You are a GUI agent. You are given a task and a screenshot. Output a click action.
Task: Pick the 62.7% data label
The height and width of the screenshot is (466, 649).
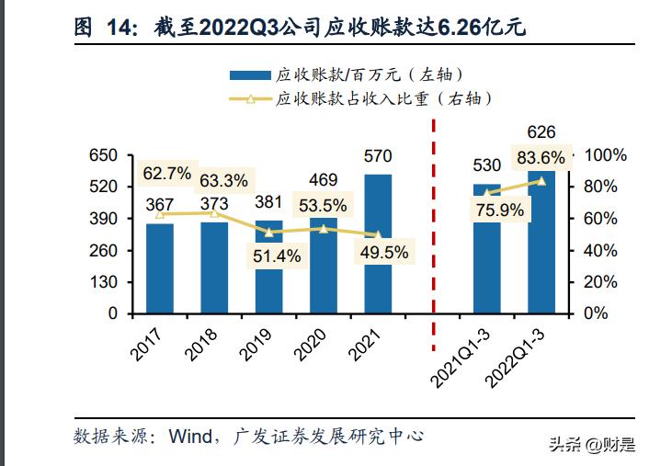[x=166, y=172]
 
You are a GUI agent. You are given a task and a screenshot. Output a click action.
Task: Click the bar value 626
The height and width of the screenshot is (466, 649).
[x=541, y=132]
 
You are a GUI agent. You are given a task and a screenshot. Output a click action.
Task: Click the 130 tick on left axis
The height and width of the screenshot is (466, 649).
[x=103, y=282]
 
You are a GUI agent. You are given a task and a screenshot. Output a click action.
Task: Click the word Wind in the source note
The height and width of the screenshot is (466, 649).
[x=188, y=435]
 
